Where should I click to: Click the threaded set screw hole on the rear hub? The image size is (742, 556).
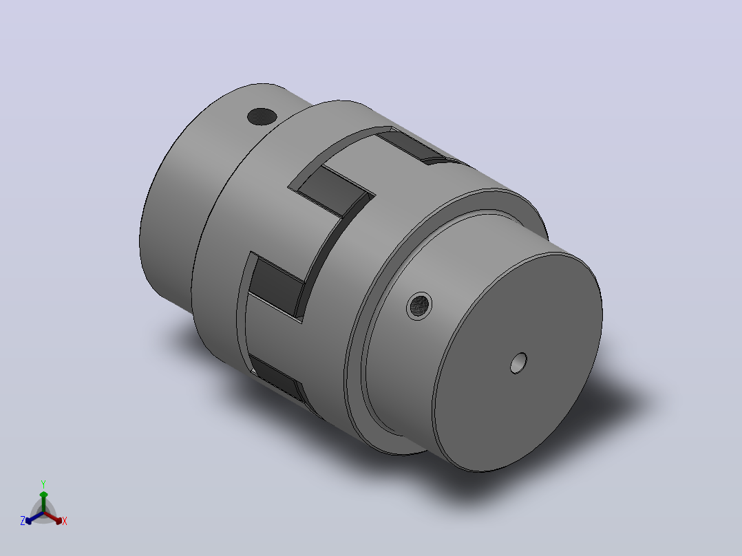[x=262, y=116]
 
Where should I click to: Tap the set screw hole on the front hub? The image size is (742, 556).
[x=419, y=306]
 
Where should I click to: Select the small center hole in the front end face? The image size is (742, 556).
[x=519, y=363]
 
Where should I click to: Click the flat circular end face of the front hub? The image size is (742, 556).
[x=518, y=363]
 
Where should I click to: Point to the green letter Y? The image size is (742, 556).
[x=43, y=484]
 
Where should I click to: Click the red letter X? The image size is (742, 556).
[x=65, y=521]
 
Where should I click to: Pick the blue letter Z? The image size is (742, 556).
[x=23, y=521]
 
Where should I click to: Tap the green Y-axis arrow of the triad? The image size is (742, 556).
[x=43, y=502]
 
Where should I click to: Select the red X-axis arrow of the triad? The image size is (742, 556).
[x=53, y=517]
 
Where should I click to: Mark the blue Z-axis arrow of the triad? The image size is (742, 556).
[x=34, y=517]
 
